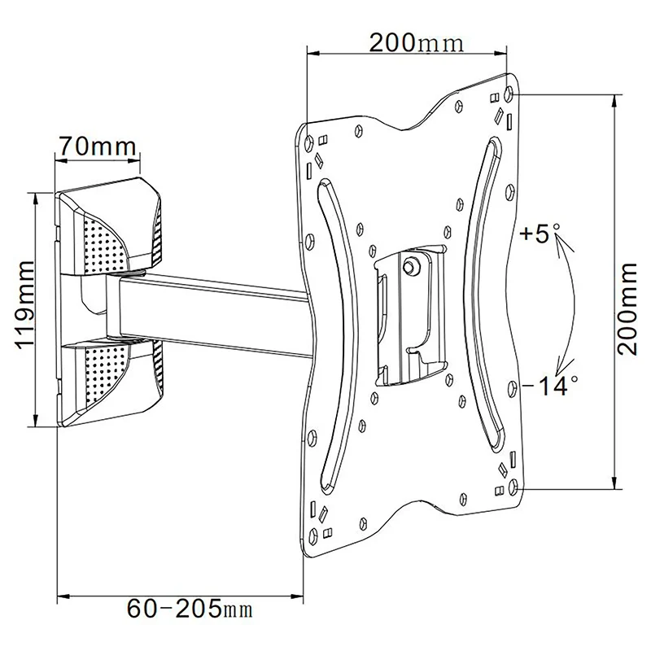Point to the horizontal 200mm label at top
point(415,42)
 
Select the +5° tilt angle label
point(537,236)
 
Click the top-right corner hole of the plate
point(510,92)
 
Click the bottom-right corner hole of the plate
point(512,484)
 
